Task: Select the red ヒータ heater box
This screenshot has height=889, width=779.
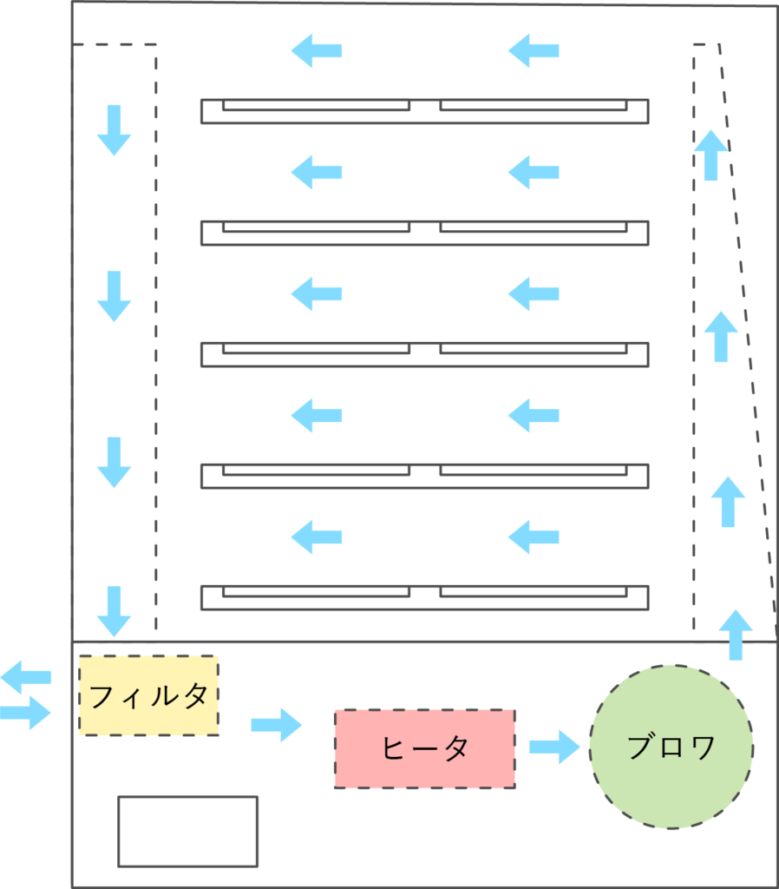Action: click(x=424, y=748)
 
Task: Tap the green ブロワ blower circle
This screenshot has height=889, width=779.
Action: click(x=671, y=747)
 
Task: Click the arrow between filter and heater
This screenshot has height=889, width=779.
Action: click(x=276, y=725)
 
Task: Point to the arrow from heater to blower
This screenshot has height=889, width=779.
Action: click(x=553, y=747)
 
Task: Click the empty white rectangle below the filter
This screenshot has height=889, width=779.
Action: click(x=187, y=831)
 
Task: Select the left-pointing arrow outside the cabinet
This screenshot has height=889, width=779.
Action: click(x=26, y=675)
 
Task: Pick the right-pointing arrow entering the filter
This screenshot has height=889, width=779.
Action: click(x=26, y=714)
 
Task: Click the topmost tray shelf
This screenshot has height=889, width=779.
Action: click(x=424, y=111)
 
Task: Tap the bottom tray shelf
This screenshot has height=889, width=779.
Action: click(x=424, y=597)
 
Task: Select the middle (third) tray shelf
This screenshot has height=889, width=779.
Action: click(x=424, y=354)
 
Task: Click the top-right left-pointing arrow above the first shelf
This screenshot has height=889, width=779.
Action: click(x=533, y=50)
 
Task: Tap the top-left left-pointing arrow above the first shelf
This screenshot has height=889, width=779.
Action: click(x=316, y=50)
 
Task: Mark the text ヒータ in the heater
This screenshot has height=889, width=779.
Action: click(x=424, y=748)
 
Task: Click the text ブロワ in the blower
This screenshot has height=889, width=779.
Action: click(x=671, y=747)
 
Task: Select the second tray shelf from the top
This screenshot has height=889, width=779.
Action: click(x=424, y=233)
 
